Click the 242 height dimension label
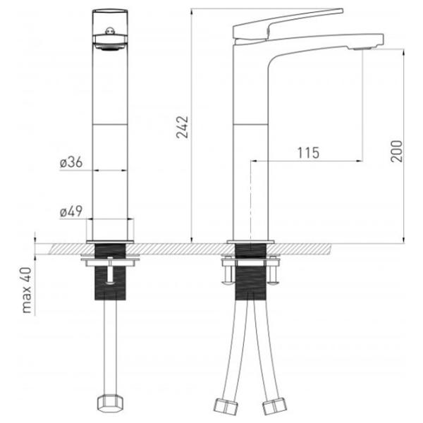click(x=183, y=127)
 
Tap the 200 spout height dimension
click(x=396, y=151)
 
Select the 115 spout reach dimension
click(x=308, y=153)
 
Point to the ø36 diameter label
click(x=71, y=162)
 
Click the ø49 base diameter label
click(x=71, y=211)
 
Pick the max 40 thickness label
click(x=27, y=290)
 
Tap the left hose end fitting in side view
click(x=226, y=406)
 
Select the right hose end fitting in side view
click(x=275, y=406)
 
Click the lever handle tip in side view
click(x=341, y=11)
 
